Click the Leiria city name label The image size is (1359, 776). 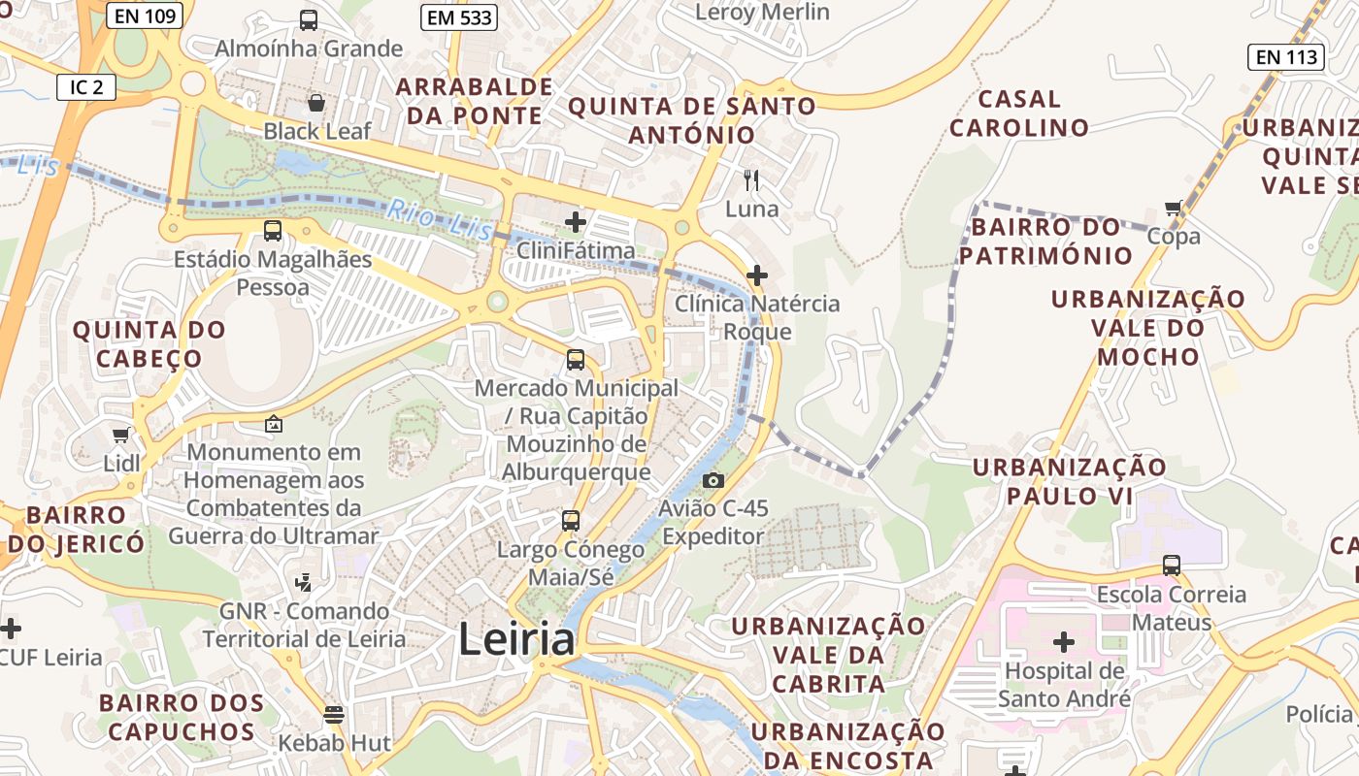(516, 639)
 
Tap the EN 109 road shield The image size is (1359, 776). (145, 16)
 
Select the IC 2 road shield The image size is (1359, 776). (86, 87)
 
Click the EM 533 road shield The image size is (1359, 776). (459, 17)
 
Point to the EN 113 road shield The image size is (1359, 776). (1287, 57)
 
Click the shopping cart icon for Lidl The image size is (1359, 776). (121, 436)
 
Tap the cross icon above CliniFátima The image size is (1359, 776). (576, 222)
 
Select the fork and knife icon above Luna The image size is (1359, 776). (751, 179)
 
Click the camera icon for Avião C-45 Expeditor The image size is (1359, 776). (713, 480)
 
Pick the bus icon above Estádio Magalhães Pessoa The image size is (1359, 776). (273, 231)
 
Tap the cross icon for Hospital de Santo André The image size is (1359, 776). (1064, 642)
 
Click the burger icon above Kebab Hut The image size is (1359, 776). (334, 715)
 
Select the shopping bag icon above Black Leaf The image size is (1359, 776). (316, 102)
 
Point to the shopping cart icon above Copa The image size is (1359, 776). (1174, 208)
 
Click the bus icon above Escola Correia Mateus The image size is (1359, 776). (1172, 566)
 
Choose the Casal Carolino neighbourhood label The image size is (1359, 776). (1019, 113)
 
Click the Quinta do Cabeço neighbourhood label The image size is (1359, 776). (149, 344)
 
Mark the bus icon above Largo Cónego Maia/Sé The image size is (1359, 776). (571, 521)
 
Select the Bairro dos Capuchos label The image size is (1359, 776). (182, 717)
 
